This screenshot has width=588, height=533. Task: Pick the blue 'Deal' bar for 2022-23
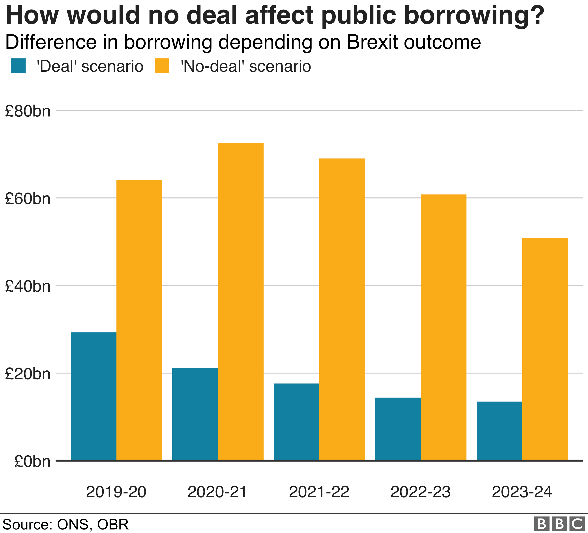pyautogui.click(x=398, y=429)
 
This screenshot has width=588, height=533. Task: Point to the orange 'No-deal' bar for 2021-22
pyautogui.click(x=342, y=309)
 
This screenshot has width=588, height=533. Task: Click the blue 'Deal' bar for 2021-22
pyautogui.click(x=296, y=422)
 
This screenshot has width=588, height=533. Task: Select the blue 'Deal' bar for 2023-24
pyautogui.click(x=499, y=431)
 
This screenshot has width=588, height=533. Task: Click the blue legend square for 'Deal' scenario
pyautogui.click(x=18, y=66)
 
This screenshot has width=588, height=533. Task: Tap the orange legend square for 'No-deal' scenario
pyautogui.click(x=162, y=66)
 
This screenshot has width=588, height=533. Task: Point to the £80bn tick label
pyautogui.click(x=28, y=111)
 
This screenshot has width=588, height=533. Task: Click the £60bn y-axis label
pyautogui.click(x=28, y=199)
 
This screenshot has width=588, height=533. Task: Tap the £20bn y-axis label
pyautogui.click(x=28, y=374)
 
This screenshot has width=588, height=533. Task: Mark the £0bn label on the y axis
pyautogui.click(x=32, y=461)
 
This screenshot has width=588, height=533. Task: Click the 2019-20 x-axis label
pyautogui.click(x=116, y=492)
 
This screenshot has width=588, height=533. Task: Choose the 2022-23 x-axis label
pyautogui.click(x=420, y=492)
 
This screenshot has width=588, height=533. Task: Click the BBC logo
pyautogui.click(x=559, y=524)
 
